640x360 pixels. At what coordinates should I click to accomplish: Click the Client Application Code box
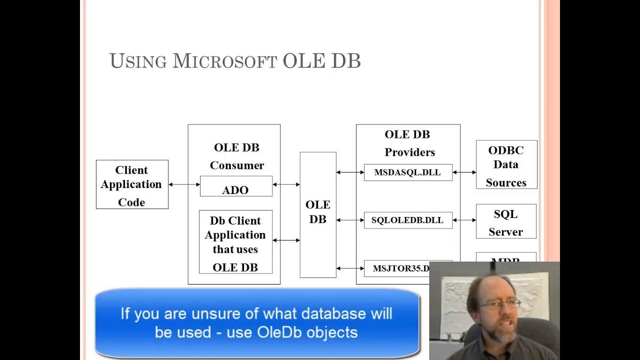point(132,184)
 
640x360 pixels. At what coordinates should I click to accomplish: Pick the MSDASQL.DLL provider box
point(408,172)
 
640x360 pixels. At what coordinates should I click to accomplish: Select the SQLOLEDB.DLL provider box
point(408,220)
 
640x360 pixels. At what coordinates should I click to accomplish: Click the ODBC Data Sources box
point(506,165)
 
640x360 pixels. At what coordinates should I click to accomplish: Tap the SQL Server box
point(506,221)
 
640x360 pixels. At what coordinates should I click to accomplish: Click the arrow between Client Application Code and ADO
point(184,184)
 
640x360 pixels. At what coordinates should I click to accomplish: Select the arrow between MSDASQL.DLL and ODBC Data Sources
point(464,172)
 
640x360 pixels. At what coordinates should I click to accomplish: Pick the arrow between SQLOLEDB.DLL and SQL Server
point(464,220)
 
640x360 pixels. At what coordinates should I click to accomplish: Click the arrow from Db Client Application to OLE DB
point(286,240)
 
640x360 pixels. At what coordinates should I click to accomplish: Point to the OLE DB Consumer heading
point(236,156)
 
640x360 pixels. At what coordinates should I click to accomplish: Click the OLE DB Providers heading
point(408,143)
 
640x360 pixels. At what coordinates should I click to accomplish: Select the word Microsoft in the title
point(224,61)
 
